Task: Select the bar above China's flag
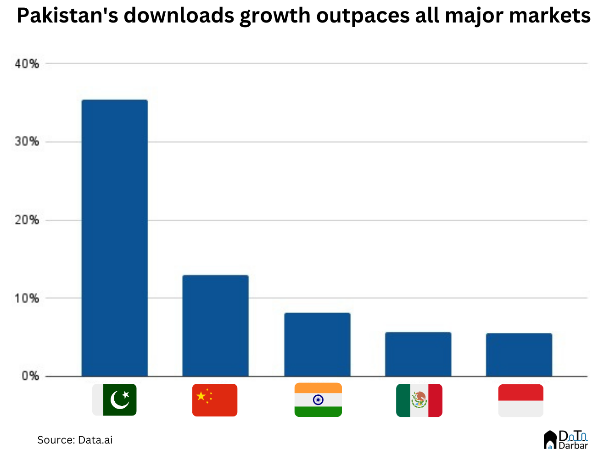tap(215, 326)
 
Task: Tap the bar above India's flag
tap(317, 344)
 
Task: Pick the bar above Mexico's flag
tap(418, 354)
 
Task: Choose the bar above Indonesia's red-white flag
tap(519, 354)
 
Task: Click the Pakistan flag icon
tap(114, 400)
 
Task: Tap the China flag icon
tap(215, 400)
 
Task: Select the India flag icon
tap(318, 400)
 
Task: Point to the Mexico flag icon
tap(419, 400)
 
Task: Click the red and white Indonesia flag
tap(520, 400)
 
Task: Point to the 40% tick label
tap(27, 64)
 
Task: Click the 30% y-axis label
tap(27, 142)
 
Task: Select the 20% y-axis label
tap(27, 220)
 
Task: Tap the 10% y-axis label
tap(27, 298)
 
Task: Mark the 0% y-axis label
tap(30, 376)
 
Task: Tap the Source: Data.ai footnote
tap(75, 440)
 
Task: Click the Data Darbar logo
tap(565, 439)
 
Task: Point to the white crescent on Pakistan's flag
tap(118, 401)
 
